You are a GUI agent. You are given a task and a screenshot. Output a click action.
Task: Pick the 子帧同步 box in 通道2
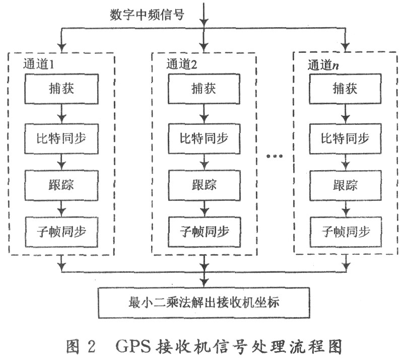point(204,231)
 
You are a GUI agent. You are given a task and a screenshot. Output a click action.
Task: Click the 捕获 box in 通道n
point(346,90)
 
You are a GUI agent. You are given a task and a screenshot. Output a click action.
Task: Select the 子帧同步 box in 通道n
point(346,231)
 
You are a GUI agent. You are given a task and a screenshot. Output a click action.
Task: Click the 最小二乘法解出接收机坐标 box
point(204,303)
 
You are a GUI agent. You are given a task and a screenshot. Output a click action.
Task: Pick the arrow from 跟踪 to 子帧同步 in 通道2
point(204,207)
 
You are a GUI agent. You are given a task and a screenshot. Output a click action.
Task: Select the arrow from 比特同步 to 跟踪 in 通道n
point(346,161)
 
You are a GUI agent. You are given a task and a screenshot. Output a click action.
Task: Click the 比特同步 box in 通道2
point(204,137)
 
